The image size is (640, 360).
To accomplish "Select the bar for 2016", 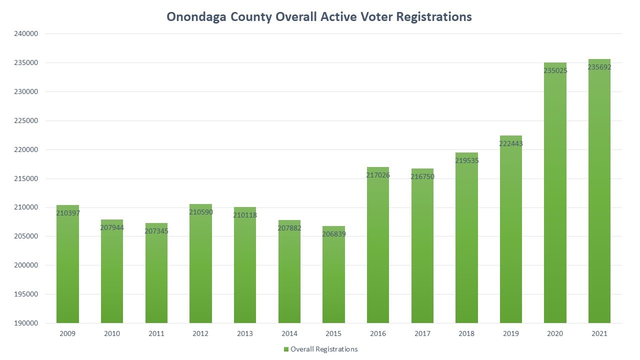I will click(378, 245).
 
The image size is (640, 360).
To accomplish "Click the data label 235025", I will click(555, 71).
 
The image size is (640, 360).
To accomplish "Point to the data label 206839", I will click(333, 234).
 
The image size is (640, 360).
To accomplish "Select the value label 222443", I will click(510, 143).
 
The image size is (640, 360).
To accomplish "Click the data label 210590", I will click(200, 212).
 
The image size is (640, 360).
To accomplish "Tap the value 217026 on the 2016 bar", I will click(378, 175).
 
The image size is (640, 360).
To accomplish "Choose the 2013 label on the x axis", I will click(245, 333).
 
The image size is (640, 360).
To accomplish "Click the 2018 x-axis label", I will click(466, 333).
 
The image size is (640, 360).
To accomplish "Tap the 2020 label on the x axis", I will click(555, 333).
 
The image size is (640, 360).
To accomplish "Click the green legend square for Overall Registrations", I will click(285, 349).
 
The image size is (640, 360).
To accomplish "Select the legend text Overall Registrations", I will click(324, 349).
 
